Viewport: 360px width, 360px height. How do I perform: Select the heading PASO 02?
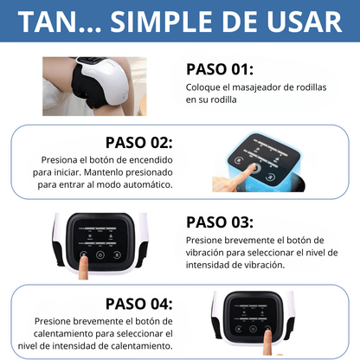point(138,142)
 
